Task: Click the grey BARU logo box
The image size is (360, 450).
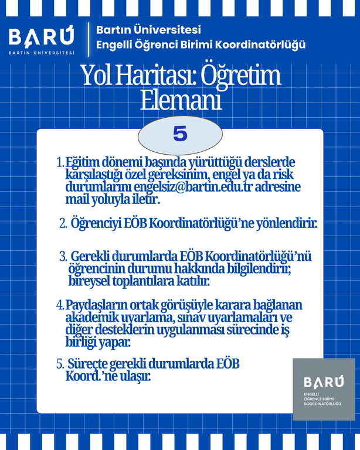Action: pyautogui.click(x=324, y=389)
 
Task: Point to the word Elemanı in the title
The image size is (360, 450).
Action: pyautogui.click(x=181, y=100)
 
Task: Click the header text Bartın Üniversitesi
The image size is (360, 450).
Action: pyautogui.click(x=148, y=29)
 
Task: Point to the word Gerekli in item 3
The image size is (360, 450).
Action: pyautogui.click(x=93, y=256)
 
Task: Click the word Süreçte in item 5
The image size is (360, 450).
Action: pyautogui.click(x=90, y=363)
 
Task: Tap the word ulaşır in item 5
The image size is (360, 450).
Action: pyautogui.click(x=135, y=376)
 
